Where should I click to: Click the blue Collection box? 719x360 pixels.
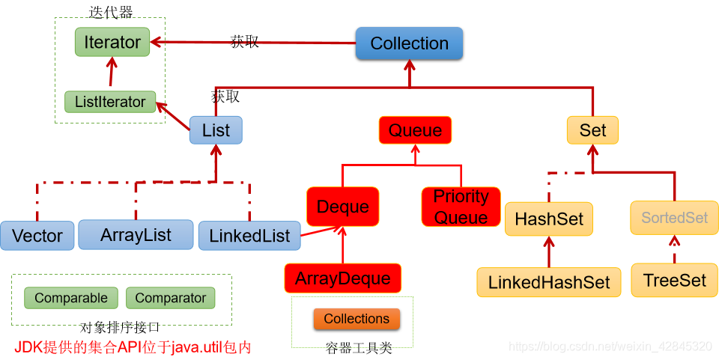409,43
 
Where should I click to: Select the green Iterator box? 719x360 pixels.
112,43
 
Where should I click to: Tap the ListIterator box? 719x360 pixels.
110,102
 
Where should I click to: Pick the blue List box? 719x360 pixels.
216,130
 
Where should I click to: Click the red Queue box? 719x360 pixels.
415,130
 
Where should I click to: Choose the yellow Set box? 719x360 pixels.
592,130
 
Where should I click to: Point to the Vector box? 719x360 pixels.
37,236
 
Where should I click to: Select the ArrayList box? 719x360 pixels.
136,235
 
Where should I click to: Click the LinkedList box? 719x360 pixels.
249,236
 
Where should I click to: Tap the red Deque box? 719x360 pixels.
343,207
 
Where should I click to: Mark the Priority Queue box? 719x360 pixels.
461,207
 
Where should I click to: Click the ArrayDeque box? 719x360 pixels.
343,278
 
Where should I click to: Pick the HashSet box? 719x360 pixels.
549,219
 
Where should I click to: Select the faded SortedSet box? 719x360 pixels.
674,218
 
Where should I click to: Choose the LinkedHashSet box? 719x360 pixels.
549,282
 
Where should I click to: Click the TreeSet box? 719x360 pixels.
674,280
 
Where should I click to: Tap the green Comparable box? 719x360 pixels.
71,298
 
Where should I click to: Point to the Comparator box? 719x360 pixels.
171,298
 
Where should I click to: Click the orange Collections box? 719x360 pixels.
357,319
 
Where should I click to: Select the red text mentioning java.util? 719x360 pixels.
133,347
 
